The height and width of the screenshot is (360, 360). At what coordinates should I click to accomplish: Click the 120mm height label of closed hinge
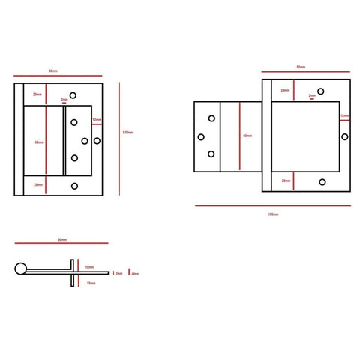[x=127, y=133]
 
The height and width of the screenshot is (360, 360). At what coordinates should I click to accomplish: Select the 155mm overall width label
[x=273, y=214]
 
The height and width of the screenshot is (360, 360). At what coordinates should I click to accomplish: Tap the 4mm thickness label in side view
[x=135, y=274]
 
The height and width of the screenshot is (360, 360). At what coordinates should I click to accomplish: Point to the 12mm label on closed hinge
[x=96, y=120]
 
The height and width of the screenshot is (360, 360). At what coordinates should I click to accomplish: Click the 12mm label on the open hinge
[x=343, y=116]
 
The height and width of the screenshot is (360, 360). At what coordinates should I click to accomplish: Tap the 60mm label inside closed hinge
[x=38, y=142]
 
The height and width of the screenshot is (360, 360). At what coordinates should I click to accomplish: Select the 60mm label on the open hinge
[x=247, y=136]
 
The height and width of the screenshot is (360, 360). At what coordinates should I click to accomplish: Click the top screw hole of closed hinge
[x=73, y=95]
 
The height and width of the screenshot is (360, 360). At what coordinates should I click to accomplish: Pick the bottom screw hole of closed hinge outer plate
[x=73, y=186]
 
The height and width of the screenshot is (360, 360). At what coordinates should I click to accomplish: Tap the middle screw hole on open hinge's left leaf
[x=201, y=136]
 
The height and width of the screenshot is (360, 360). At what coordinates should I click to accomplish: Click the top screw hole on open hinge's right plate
[x=321, y=91]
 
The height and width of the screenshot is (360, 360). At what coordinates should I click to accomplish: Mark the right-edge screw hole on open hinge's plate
[x=344, y=136]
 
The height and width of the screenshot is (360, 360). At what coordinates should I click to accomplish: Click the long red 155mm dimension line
[x=273, y=205]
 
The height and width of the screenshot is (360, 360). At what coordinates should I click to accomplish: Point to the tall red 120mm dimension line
[x=120, y=133]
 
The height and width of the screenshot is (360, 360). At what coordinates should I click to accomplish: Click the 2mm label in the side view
[x=118, y=274]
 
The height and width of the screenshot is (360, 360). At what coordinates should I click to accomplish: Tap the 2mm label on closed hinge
[x=64, y=100]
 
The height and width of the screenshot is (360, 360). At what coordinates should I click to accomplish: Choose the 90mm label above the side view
[x=62, y=240]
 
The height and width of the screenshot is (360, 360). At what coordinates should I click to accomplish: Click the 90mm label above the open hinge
[x=300, y=67]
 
